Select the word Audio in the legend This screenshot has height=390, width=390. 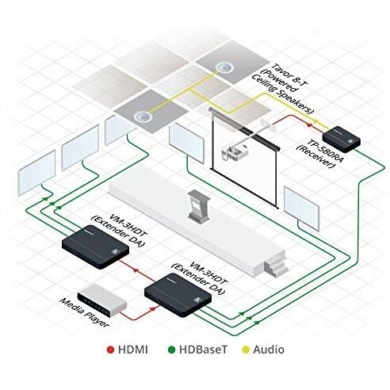pos(270,349)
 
